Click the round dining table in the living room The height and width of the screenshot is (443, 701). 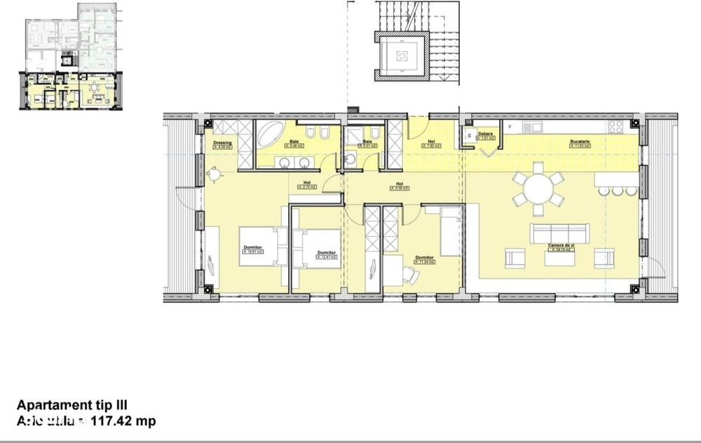tap(537, 188)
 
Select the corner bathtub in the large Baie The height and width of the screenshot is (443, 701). tap(269, 133)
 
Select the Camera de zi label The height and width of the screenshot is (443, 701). tap(562, 244)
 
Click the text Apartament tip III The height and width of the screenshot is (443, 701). tap(72, 404)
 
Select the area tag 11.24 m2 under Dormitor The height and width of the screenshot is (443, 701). tap(424, 262)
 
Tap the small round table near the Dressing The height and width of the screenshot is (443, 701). tap(214, 172)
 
